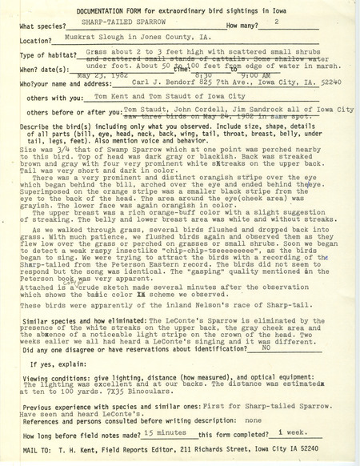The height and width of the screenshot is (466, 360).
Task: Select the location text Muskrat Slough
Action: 86,38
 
